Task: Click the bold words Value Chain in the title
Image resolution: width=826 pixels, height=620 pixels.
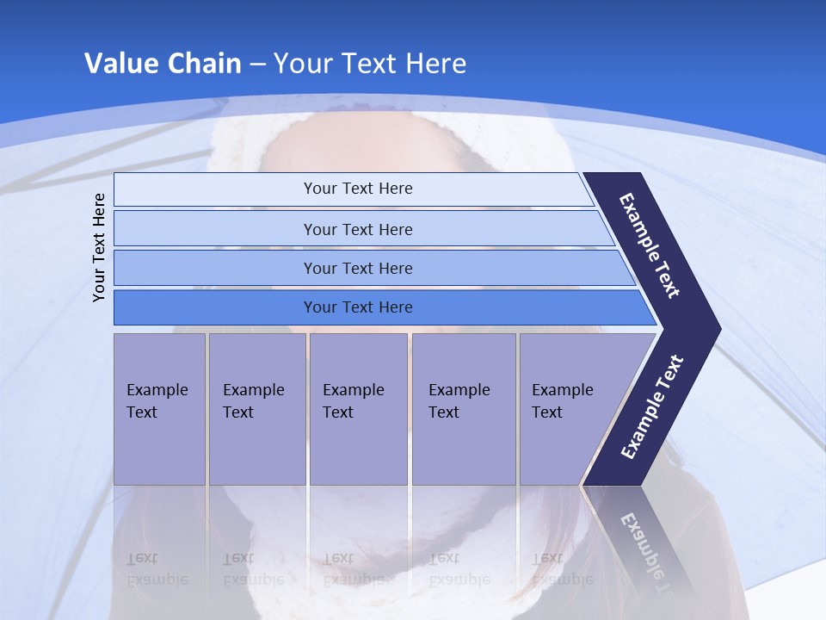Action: pyautogui.click(x=163, y=64)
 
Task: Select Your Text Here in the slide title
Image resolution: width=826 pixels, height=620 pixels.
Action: pyautogui.click(x=370, y=64)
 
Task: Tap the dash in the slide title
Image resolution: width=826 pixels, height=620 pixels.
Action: pyautogui.click(x=257, y=65)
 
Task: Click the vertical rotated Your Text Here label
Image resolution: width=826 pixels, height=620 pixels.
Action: pyautogui.click(x=99, y=247)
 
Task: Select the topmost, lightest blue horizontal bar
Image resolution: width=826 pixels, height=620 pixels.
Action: pyautogui.click(x=357, y=189)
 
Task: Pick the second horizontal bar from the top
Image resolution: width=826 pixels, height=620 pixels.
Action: pyautogui.click(x=357, y=229)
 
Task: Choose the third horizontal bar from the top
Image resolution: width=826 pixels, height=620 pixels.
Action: pyautogui.click(x=357, y=268)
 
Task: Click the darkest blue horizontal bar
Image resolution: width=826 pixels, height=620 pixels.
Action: pyautogui.click(x=357, y=307)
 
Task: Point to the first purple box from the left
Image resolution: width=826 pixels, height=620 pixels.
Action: pyautogui.click(x=159, y=409)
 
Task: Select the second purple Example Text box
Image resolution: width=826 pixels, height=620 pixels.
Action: pyautogui.click(x=256, y=409)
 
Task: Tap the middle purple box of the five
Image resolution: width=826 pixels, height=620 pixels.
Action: pyautogui.click(x=358, y=409)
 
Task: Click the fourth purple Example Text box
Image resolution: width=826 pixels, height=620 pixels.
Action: pyautogui.click(x=463, y=409)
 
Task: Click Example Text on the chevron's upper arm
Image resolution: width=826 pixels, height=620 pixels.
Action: pyautogui.click(x=650, y=245)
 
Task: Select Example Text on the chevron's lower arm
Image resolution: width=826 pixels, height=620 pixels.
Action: pyautogui.click(x=651, y=406)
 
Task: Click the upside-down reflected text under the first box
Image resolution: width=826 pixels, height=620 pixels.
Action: pyautogui.click(x=157, y=568)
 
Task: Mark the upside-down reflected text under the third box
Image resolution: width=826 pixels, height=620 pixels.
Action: pyautogui.click(x=353, y=568)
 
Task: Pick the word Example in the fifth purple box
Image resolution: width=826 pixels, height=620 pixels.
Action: pyautogui.click(x=563, y=390)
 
